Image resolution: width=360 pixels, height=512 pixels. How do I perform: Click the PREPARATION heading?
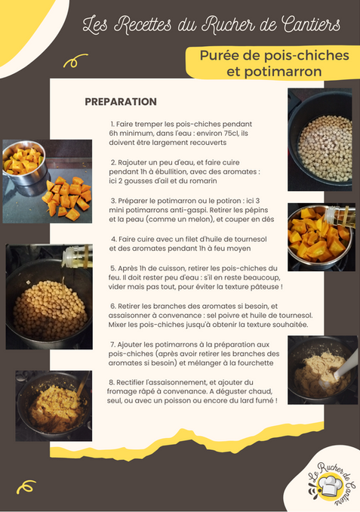tap(121, 101)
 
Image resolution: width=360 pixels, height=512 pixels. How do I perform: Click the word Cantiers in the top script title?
tap(311, 24)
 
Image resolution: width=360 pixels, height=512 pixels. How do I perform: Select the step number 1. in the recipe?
tap(112, 124)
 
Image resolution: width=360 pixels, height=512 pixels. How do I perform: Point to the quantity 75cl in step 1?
tap(223, 133)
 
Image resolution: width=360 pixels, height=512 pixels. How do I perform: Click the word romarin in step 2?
tap(205, 181)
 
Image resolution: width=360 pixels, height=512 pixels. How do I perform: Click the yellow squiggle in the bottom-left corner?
tap(26, 486)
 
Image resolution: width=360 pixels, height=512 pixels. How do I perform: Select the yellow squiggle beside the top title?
tap(75, 60)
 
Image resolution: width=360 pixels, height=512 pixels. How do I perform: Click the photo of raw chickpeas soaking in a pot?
tap(320, 140)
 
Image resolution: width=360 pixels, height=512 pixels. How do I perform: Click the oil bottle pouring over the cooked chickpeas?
tap(77, 255)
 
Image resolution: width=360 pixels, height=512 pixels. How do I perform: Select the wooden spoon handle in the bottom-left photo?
tap(83, 383)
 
